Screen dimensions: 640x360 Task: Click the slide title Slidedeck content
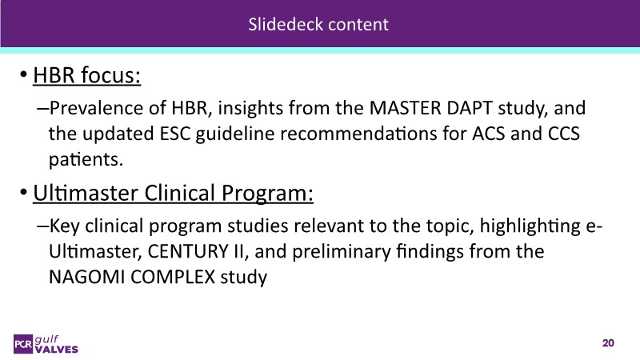pos(318,24)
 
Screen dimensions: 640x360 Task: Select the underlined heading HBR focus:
pos(87,76)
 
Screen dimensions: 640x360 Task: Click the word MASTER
pos(406,108)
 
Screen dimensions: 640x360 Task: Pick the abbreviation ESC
pos(174,134)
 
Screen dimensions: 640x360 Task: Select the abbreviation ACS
pos(488,134)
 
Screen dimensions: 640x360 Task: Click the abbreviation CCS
pos(564,134)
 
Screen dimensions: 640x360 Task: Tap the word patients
pos(86,159)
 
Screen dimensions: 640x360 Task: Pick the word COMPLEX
pos(173,277)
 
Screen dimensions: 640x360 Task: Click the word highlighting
pos(530,226)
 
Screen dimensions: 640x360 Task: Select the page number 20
pos(608,343)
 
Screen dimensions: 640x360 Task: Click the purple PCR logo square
pos(23,344)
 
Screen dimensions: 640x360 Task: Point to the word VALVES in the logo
pos(56,350)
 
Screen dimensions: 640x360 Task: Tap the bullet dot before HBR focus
pos(24,74)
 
